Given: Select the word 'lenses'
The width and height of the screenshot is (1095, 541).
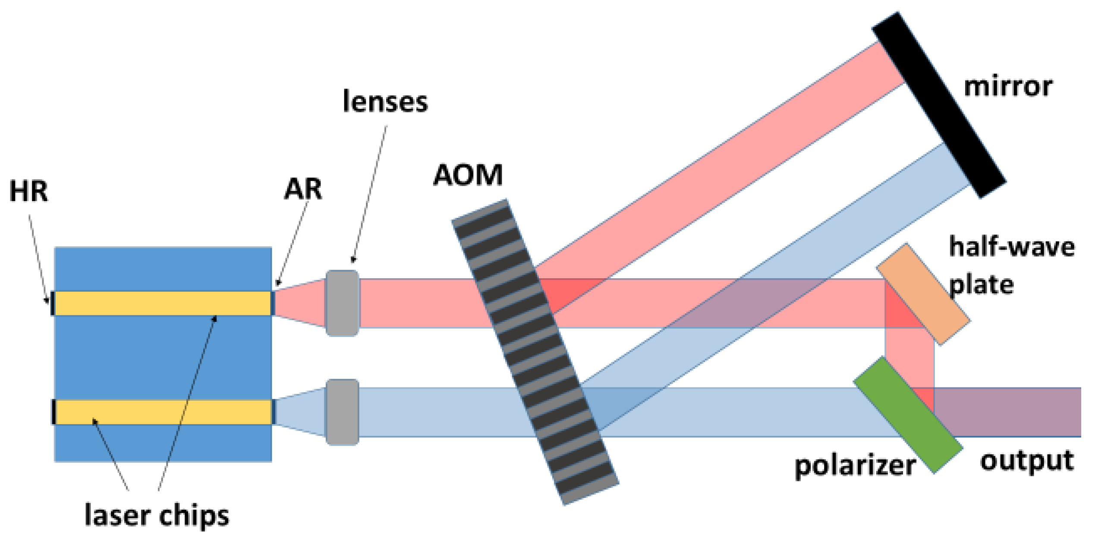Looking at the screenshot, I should click(385, 102).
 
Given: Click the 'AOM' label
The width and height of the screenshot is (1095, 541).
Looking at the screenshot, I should click(468, 175).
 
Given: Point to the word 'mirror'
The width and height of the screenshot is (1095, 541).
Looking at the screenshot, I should click(1008, 87).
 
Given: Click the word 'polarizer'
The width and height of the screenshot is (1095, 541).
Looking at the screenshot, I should click(855, 466).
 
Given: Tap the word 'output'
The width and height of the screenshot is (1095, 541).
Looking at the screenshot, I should click(1027, 461).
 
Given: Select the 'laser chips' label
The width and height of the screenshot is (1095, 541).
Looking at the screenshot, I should click(157, 516).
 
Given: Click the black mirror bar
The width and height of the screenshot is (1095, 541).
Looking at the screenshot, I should click(939, 105).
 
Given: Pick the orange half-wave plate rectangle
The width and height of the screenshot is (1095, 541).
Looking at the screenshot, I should click(923, 294).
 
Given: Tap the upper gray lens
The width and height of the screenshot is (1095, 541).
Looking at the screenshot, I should click(343, 303).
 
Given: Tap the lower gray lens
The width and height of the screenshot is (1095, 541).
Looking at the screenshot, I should click(343, 412).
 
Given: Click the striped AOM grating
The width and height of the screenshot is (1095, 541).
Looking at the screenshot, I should click(535, 352).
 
